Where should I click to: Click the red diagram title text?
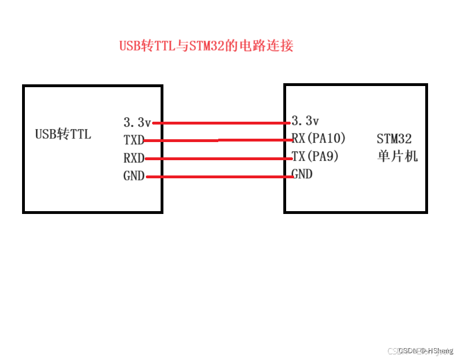206,46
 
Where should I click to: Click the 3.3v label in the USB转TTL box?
137,122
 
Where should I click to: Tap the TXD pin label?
133,140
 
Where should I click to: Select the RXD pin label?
133,158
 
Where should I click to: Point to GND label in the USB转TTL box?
133,176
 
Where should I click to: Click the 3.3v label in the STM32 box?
305,121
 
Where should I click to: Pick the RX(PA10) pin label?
318,138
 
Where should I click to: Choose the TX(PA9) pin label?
314,156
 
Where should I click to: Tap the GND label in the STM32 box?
302,174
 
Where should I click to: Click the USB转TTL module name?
63,134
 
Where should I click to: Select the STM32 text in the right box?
394,139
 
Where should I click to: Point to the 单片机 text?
397,156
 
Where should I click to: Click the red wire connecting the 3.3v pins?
221,122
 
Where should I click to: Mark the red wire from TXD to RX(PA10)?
221,140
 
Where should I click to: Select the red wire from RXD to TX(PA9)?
221,158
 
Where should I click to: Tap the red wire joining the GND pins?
221,177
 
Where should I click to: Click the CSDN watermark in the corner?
425,351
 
